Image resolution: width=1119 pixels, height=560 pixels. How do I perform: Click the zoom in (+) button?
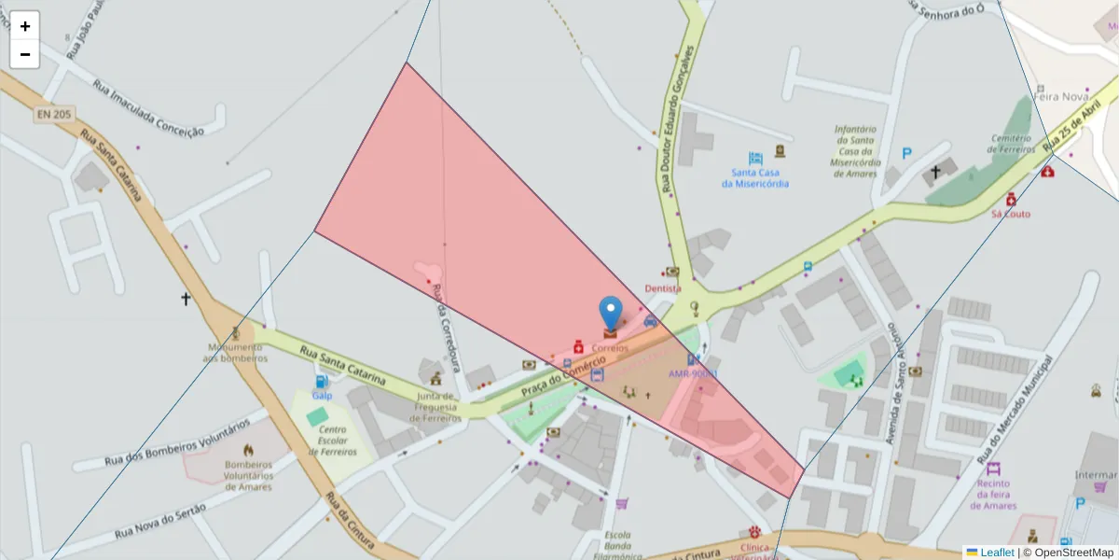[x=25, y=26]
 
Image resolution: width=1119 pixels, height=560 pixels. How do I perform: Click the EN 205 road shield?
[x=55, y=114]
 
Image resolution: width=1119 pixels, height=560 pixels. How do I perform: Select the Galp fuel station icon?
[x=322, y=382]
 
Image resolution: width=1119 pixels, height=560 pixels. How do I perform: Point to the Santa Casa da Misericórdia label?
[x=755, y=177]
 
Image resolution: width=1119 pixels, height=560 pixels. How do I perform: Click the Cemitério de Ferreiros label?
[x=1012, y=144]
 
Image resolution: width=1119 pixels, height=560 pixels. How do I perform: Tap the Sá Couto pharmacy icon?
[x=1010, y=199]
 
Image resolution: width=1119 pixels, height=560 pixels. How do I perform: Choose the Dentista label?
[x=663, y=288]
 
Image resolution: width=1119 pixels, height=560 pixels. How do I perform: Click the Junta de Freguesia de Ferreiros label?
[x=436, y=407]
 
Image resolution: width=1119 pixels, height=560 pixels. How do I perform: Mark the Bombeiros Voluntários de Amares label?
[x=248, y=475]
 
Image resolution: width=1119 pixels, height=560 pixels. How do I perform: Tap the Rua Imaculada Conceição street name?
[x=148, y=109]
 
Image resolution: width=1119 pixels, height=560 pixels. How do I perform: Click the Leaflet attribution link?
[x=997, y=553]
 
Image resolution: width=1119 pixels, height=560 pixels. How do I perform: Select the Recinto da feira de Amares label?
[x=993, y=495]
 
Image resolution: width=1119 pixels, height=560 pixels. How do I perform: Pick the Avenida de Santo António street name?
[x=893, y=392]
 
